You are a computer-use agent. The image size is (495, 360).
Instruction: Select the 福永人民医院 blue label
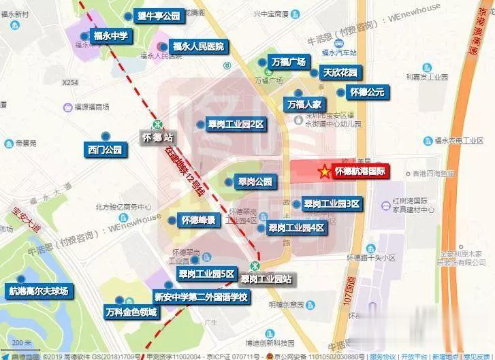tap(198, 46)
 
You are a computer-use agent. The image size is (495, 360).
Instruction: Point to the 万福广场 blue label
tap(289, 63)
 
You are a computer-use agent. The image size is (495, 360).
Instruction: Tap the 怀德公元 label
tap(367, 92)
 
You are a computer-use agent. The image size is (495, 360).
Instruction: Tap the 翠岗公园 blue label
tap(255, 182)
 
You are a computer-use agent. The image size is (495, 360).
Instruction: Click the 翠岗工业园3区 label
tap(332, 204)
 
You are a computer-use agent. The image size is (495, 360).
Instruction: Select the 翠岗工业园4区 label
tap(296, 228)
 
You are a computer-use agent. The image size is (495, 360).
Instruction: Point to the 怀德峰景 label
tap(198, 220)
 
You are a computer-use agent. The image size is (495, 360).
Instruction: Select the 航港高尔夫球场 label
tap(39, 291)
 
